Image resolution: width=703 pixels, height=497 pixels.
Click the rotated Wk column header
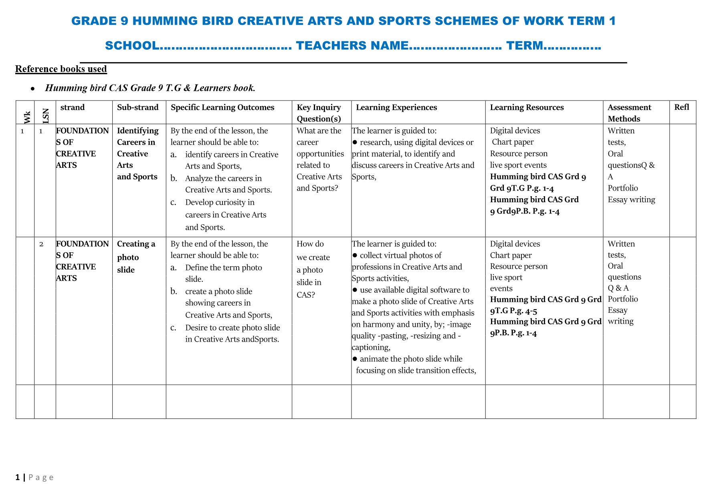(x=27, y=117)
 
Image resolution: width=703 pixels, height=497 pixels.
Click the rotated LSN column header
(x=46, y=116)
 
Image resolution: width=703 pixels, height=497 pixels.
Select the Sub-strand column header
(x=137, y=107)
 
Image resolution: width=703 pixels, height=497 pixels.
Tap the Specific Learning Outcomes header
(x=222, y=107)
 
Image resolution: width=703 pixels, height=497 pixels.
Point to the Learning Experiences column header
(x=396, y=107)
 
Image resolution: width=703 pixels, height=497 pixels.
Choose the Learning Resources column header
(x=527, y=107)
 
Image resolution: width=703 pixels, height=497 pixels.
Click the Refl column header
(x=681, y=107)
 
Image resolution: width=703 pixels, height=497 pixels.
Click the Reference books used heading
(x=61, y=69)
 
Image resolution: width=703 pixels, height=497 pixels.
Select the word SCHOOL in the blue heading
(x=132, y=46)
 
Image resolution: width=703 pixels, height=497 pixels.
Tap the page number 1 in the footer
(x=18, y=477)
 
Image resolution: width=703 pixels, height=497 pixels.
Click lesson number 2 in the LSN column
(x=41, y=244)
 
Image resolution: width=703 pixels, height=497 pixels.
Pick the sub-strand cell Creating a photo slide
(x=136, y=256)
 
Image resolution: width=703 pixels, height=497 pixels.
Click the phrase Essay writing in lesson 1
(x=631, y=199)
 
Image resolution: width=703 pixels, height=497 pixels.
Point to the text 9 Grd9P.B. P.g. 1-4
(x=525, y=211)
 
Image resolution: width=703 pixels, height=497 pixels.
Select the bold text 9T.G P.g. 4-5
(x=513, y=310)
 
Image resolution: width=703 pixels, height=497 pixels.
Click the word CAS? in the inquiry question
(x=306, y=295)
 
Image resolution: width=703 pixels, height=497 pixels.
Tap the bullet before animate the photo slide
(x=355, y=359)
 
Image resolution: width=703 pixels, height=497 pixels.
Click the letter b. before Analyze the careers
(x=174, y=178)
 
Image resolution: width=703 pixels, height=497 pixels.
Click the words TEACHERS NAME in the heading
(x=352, y=46)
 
